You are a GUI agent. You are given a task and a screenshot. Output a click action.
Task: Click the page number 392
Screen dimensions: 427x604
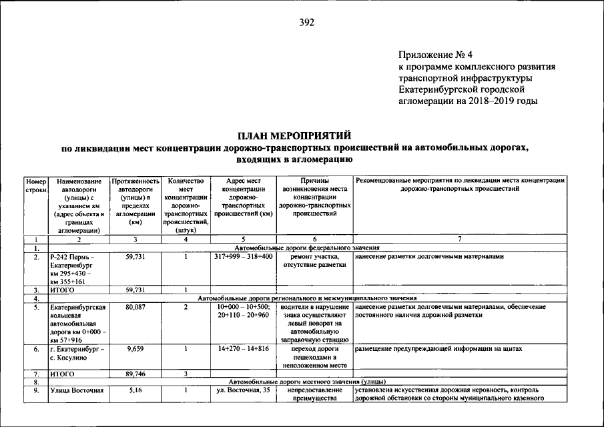point(306,22)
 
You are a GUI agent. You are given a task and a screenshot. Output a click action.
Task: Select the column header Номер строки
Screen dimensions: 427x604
point(35,185)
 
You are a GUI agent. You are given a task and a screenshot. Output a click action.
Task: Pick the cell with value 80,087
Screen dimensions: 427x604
point(135,307)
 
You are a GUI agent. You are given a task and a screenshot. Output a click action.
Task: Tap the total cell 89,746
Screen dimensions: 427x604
point(135,374)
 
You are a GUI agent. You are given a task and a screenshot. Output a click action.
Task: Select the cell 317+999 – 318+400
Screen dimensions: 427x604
point(244,257)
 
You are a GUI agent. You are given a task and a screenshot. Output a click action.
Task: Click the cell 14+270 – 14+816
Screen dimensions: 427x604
point(244,349)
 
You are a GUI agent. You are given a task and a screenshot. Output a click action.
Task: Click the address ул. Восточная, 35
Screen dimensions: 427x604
point(244,390)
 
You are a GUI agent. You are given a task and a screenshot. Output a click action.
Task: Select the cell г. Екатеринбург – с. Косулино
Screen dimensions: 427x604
point(78,353)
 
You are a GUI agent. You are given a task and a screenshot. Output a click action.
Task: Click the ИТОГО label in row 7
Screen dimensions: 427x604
point(62,374)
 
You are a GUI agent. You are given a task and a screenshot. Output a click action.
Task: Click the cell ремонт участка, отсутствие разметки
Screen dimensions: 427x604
point(314,261)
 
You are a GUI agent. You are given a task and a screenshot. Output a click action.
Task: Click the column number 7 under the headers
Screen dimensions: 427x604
point(459,239)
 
